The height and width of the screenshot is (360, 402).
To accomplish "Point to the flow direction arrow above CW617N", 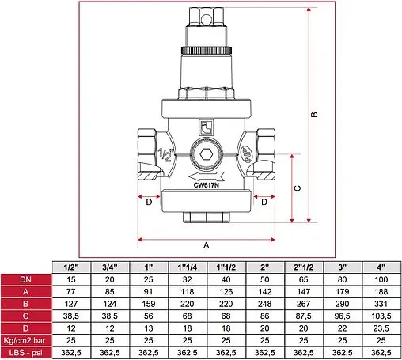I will [207, 175].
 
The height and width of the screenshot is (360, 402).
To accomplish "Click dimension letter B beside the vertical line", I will [315, 115].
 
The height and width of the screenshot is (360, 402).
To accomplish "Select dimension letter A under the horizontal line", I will [207, 245].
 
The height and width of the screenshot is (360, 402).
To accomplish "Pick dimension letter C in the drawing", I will [296, 188].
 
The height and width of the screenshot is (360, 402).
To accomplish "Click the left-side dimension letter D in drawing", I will [150, 202].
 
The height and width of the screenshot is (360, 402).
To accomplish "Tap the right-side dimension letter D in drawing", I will [264, 202].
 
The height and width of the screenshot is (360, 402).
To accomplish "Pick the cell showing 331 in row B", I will [381, 304].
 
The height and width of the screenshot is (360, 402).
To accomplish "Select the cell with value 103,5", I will [381, 316].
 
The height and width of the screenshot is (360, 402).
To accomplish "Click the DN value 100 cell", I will [381, 280].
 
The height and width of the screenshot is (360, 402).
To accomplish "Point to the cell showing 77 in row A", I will [70, 292].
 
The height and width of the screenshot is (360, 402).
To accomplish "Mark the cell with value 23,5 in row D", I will [381, 328].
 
